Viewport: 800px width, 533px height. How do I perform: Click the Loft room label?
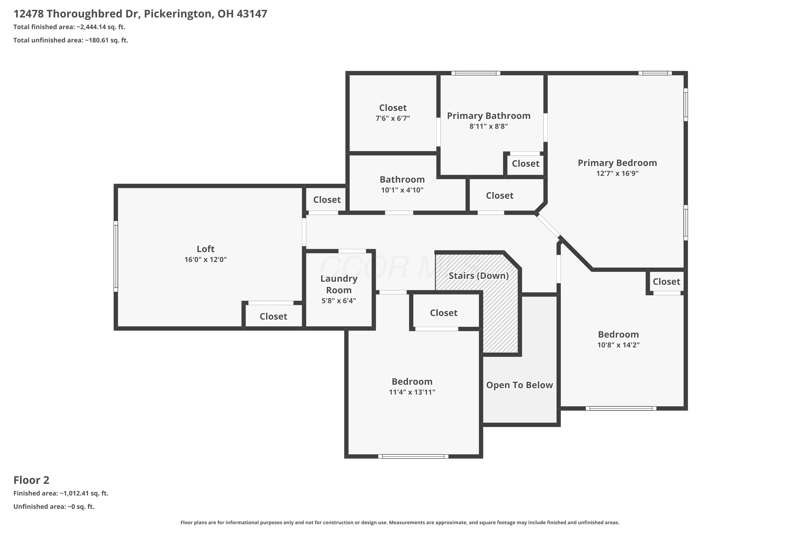click(x=205, y=249)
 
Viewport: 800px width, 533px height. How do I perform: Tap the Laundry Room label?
click(x=339, y=284)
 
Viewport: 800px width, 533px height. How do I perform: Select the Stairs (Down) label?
click(x=479, y=276)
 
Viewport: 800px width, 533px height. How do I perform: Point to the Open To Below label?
click(x=519, y=385)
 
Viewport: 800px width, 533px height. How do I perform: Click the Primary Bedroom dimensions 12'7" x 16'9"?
click(x=617, y=173)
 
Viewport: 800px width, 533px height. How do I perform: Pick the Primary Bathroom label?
click(x=489, y=116)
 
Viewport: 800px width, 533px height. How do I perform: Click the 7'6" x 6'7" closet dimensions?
click(x=393, y=118)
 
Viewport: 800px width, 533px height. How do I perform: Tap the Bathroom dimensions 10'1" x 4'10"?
click(x=402, y=190)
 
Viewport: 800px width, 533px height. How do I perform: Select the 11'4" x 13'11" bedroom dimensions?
click(x=412, y=392)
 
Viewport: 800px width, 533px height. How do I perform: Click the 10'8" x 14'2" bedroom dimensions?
click(x=618, y=345)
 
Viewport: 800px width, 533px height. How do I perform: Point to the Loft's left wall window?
click(x=116, y=256)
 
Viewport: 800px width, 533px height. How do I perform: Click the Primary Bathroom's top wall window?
click(x=476, y=73)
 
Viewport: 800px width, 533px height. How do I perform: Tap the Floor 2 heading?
click(x=31, y=480)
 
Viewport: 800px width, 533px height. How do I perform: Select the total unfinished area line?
click(x=71, y=40)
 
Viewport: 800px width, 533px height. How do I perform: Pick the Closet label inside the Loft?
click(x=274, y=317)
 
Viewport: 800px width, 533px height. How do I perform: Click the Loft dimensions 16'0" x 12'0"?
click(x=205, y=260)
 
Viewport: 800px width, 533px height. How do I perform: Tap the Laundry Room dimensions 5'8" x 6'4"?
click(x=339, y=301)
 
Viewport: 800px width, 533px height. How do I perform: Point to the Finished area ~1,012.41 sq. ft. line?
click(x=61, y=493)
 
